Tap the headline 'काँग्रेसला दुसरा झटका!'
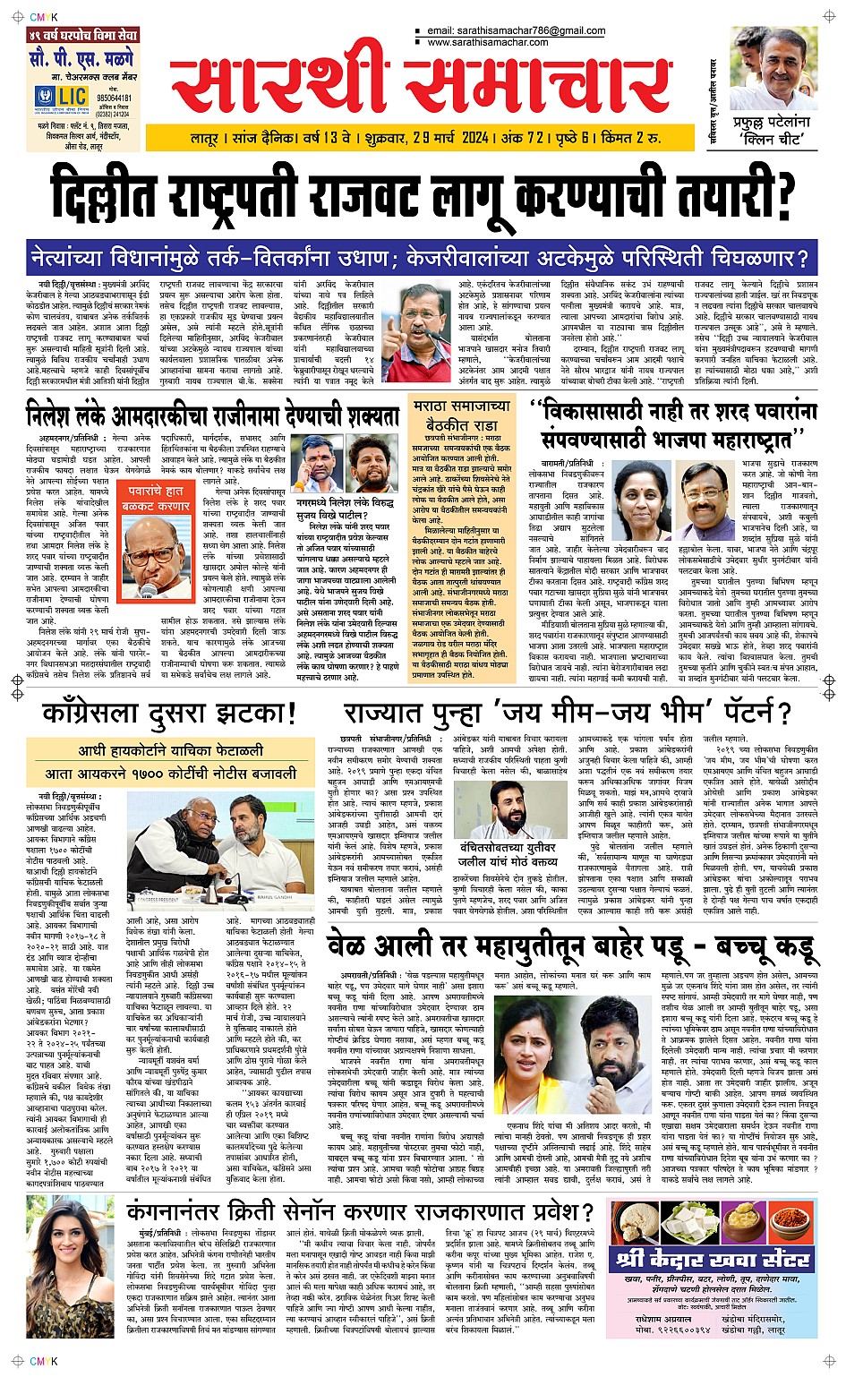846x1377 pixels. click(168, 714)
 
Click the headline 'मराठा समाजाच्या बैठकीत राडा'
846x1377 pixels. click(462, 415)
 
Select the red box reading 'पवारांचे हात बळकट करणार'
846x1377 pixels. click(157, 499)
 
